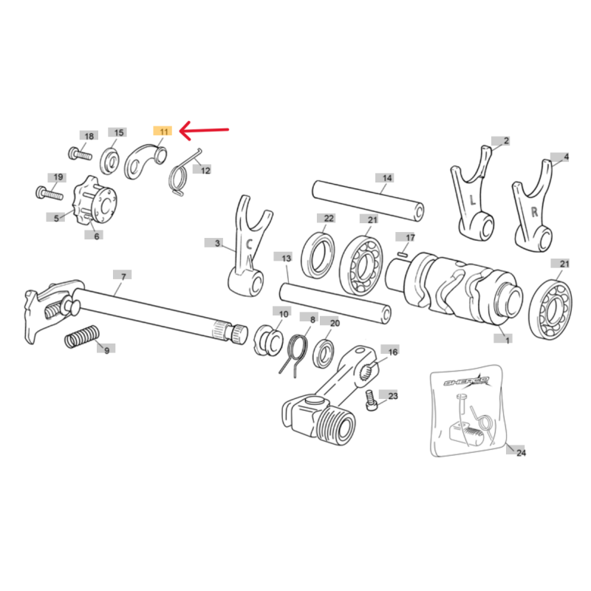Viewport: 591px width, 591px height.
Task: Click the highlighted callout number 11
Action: click(x=163, y=131)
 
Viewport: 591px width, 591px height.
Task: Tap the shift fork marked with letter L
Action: click(x=473, y=193)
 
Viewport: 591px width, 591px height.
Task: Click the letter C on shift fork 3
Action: click(x=249, y=245)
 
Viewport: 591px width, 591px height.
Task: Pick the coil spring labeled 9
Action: click(x=82, y=337)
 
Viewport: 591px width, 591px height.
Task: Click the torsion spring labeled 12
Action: click(x=182, y=174)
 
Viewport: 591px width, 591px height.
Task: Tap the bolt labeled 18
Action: click(x=80, y=154)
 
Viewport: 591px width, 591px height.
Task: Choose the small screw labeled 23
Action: click(x=372, y=400)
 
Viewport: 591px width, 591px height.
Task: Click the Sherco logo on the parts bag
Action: click(x=466, y=381)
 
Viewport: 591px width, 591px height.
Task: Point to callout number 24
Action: click(x=522, y=452)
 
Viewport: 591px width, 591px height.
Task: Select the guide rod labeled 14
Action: click(x=368, y=200)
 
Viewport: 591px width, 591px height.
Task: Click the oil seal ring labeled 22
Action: click(x=318, y=256)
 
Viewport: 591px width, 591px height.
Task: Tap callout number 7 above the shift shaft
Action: click(x=123, y=276)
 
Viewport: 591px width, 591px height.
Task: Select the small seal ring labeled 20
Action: click(x=324, y=355)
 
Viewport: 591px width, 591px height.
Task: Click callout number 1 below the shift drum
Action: click(x=508, y=341)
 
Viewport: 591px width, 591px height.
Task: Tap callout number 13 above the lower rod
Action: click(x=287, y=258)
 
